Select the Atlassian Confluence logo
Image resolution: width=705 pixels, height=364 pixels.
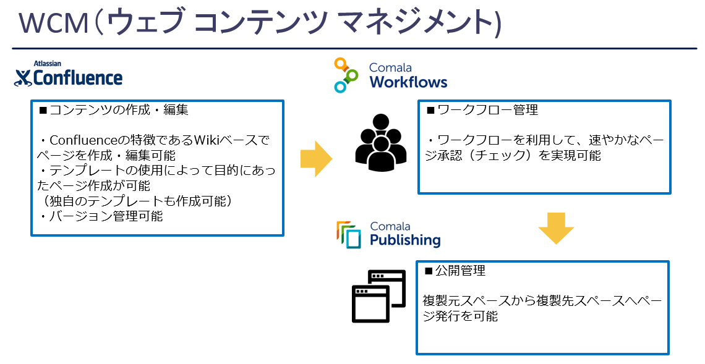69,74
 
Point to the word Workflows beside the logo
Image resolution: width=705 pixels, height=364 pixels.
408,82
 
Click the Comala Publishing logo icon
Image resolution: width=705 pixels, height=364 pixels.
349,235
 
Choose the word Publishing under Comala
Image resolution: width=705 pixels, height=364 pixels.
405,240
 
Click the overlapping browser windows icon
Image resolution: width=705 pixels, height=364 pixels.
378,296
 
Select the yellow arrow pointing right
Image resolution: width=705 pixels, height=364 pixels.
316,159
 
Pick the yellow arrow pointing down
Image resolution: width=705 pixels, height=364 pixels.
556,228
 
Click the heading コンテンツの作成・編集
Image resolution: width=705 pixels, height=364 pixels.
114,110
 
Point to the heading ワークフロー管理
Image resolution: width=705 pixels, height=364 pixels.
482,110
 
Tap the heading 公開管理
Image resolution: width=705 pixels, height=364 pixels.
455,271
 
